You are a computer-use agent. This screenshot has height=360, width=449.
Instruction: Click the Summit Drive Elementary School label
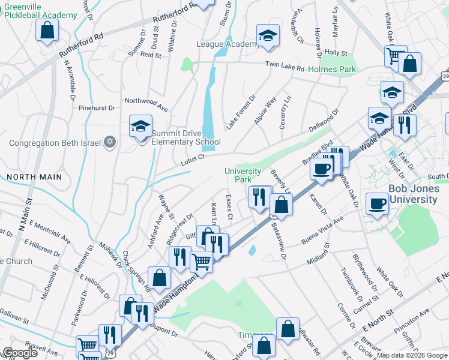(185, 137)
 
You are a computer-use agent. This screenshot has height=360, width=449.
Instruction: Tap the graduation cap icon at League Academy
(268, 35)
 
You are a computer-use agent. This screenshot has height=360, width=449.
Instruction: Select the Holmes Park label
(332, 69)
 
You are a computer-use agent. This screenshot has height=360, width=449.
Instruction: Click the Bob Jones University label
(413, 194)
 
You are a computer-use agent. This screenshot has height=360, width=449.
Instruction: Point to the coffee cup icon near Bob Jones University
(377, 203)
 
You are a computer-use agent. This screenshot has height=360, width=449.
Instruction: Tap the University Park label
(243, 175)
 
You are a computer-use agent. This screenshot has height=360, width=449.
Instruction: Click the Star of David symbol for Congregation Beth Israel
(109, 142)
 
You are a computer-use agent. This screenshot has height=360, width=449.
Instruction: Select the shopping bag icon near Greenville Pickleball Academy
(47, 30)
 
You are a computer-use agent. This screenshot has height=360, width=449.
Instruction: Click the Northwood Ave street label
(146, 101)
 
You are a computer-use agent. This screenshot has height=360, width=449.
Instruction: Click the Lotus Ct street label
(193, 158)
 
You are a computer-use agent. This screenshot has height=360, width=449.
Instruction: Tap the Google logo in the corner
(20, 353)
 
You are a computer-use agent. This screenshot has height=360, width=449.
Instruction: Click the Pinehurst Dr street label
(97, 108)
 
